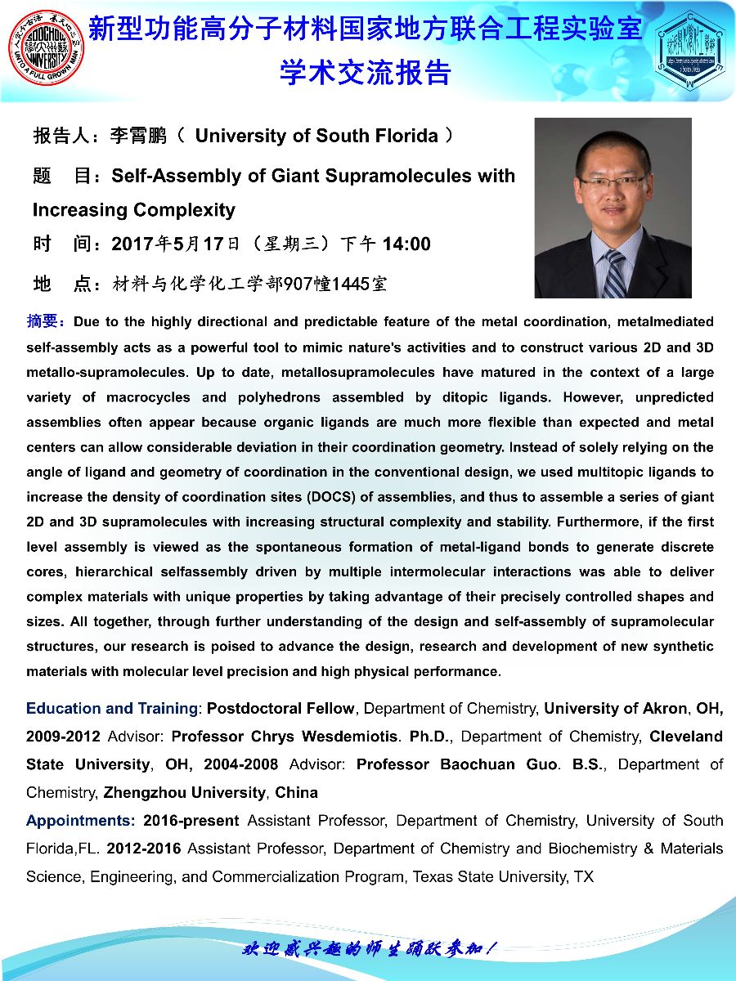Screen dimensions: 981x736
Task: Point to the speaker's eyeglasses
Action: pos(613,181)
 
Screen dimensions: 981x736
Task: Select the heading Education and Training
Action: pos(112,708)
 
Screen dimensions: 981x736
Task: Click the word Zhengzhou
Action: pos(144,793)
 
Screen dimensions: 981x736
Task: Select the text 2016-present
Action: pos(191,821)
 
